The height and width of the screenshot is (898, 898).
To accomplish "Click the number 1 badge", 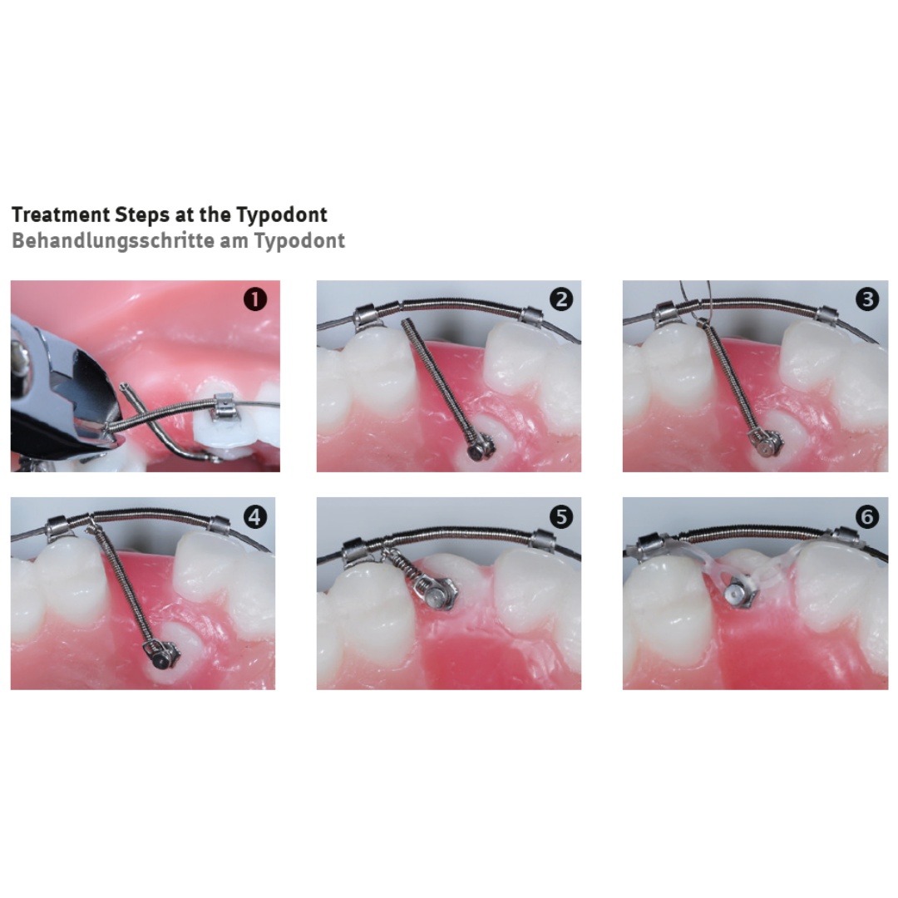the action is (255, 299).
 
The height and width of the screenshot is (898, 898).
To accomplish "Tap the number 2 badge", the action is (560, 299).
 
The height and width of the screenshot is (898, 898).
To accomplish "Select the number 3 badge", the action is (867, 299).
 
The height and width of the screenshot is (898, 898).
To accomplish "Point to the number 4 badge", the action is (255, 516).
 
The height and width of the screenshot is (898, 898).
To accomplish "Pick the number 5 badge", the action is (560, 516).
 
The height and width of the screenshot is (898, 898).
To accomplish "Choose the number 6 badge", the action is (867, 516).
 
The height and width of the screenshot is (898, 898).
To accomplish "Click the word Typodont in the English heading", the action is (282, 215).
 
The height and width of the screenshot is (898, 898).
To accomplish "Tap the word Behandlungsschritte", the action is (113, 240).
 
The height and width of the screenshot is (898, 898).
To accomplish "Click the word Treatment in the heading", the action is (61, 215).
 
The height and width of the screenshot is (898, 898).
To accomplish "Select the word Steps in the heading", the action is (141, 215).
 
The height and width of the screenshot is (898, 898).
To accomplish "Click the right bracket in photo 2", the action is (531, 317).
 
